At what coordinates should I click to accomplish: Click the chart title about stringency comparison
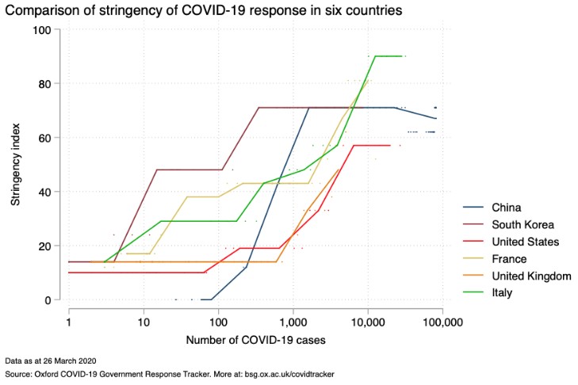pos(201,11)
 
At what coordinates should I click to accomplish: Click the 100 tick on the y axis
pos(41,30)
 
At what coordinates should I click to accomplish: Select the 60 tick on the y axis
pos(44,138)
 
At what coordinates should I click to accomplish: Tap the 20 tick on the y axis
pos(44,246)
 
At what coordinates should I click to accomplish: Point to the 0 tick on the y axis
pos(47,300)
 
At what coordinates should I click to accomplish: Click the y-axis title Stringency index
pos(16,165)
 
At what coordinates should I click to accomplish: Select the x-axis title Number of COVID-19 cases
pos(256,341)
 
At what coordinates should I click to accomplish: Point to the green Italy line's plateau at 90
pos(389,56)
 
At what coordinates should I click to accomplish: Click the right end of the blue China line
pos(436,118)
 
